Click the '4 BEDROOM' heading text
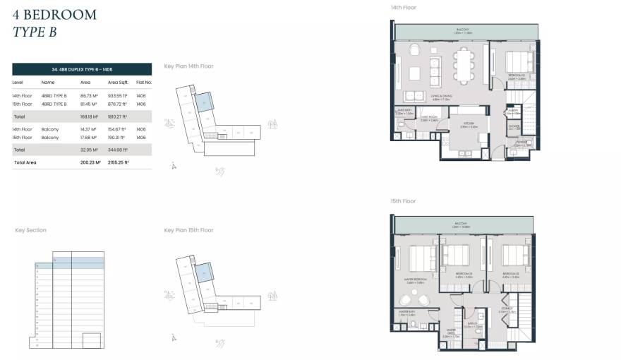tap(54, 15)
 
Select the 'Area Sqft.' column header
tap(117, 83)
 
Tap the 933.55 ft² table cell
tap(117, 95)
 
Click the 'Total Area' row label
tap(25, 162)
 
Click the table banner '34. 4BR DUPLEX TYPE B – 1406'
tap(82, 69)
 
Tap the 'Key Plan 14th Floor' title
tap(188, 66)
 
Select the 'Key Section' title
tap(30, 230)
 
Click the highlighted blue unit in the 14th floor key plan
tap(203, 103)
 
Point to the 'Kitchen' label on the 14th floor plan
tap(464, 124)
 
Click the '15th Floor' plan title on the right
tap(403, 201)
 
